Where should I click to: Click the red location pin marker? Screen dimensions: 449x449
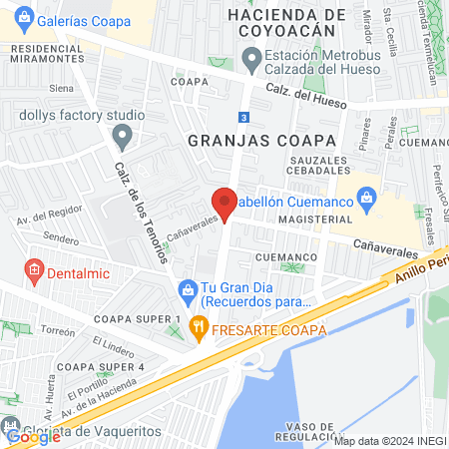[224, 203]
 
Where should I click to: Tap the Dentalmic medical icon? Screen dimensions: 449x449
[33, 269]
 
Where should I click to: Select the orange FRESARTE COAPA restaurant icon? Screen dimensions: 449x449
[199, 324]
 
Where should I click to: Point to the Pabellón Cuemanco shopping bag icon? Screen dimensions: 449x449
[367, 197]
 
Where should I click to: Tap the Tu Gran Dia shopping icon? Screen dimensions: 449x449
[186, 289]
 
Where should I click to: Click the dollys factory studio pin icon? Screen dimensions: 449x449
[122, 134]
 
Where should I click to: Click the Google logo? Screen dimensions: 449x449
[35, 436]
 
